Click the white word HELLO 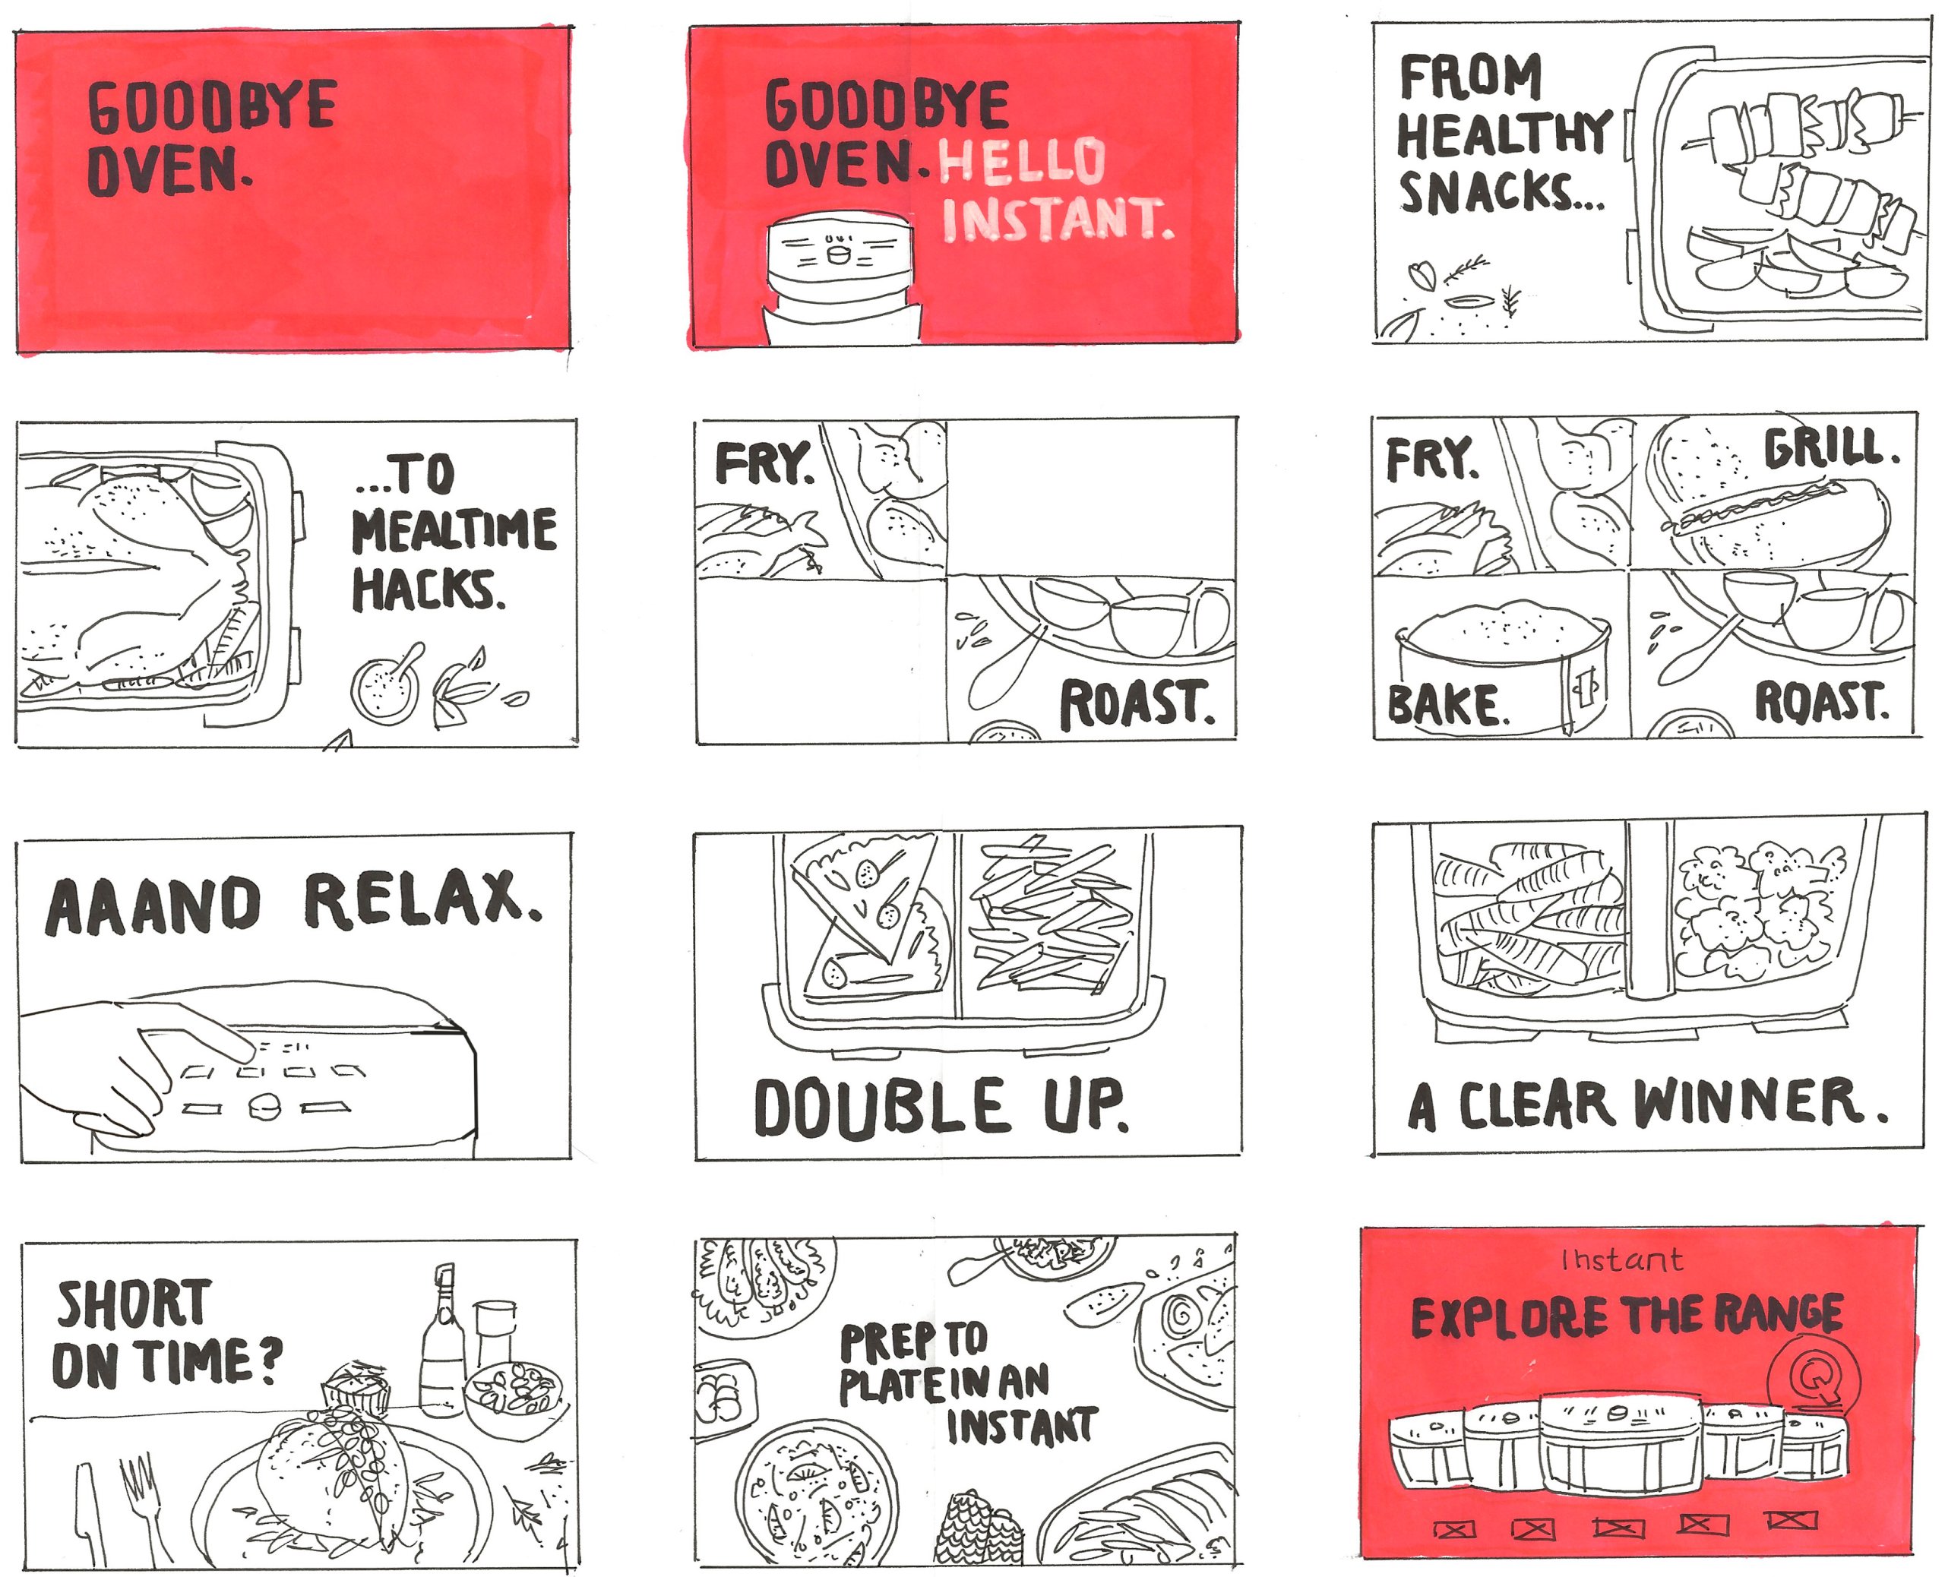[x=1022, y=160]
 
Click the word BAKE [x=1447, y=705]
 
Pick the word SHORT [x=134, y=1304]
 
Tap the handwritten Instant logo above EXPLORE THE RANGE [x=1621, y=1260]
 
